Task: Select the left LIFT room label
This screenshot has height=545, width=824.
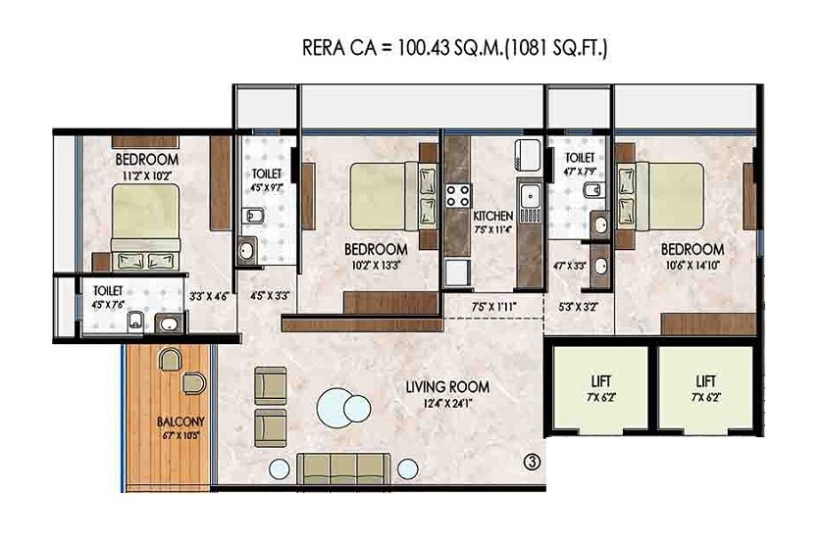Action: point(597,379)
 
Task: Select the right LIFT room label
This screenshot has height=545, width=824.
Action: point(706,379)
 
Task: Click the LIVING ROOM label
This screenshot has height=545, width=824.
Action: point(446,387)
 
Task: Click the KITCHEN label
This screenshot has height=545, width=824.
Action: point(493,216)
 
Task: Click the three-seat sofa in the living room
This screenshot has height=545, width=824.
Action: point(343,467)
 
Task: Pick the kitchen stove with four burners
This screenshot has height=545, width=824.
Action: point(457,193)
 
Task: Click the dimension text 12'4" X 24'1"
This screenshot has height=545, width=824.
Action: point(446,404)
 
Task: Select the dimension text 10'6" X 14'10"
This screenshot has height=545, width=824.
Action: point(692,265)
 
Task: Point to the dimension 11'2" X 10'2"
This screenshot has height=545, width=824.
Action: point(146,174)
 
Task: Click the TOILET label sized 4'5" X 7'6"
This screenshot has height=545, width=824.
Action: point(108,291)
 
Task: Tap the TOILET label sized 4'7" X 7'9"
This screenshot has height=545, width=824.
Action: point(580,157)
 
